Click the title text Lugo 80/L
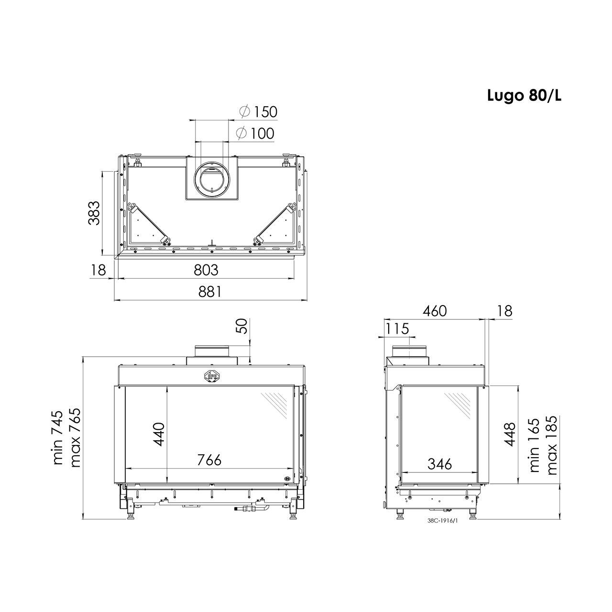click(525, 96)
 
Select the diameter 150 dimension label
click(258, 112)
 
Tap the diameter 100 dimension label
click(255, 133)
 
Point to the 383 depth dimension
click(94, 213)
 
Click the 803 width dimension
click(206, 270)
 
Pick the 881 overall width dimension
click(210, 292)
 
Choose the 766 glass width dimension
click(209, 460)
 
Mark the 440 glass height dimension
click(158, 434)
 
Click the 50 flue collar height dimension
click(242, 326)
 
